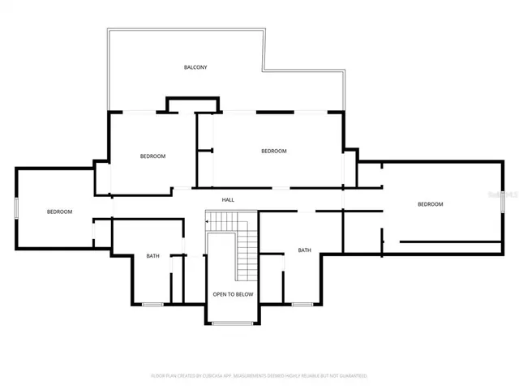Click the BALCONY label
point(195,67)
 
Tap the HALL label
point(228,199)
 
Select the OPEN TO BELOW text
point(233,294)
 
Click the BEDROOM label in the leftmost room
point(59,212)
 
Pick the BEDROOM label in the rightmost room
point(430,204)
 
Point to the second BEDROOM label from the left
point(152,156)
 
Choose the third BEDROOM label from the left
point(273,151)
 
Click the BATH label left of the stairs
point(152,256)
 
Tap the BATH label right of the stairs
point(304,250)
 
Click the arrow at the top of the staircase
point(208,220)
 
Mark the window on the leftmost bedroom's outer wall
point(15,207)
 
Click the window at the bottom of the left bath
point(152,304)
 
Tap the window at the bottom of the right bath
point(302,304)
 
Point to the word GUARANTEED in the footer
point(350,376)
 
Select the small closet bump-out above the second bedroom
point(192,105)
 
